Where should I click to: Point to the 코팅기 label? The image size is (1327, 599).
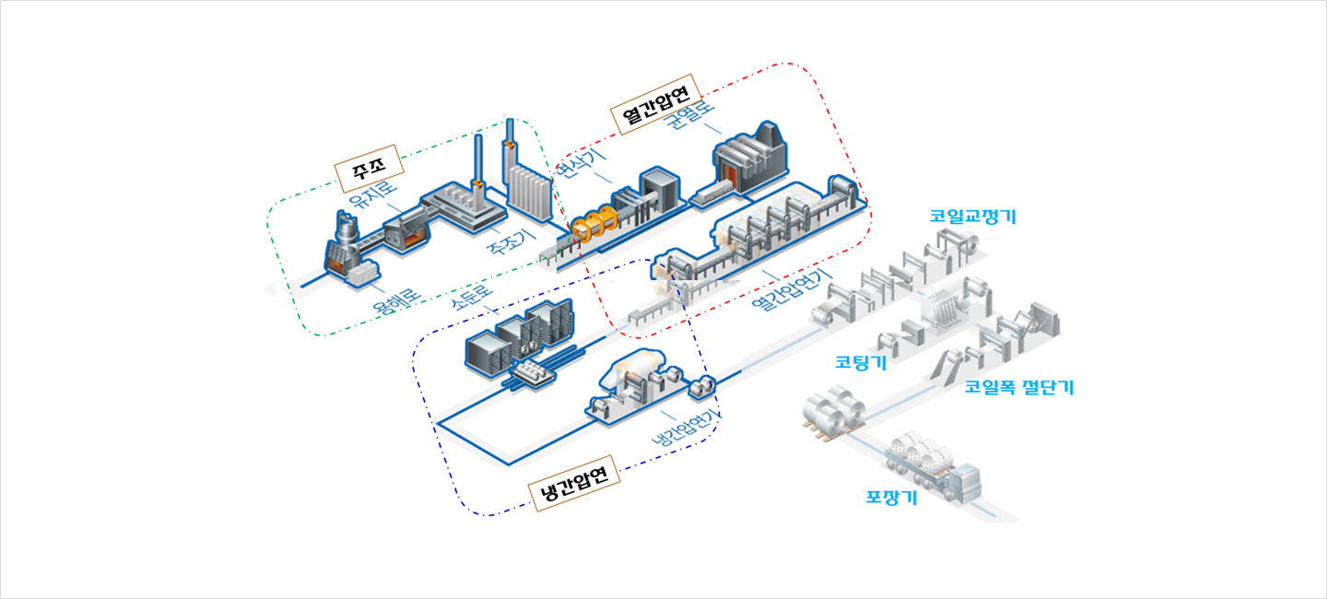point(861,362)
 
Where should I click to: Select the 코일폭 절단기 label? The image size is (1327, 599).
point(1019,387)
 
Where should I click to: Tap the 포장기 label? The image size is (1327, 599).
point(891,499)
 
